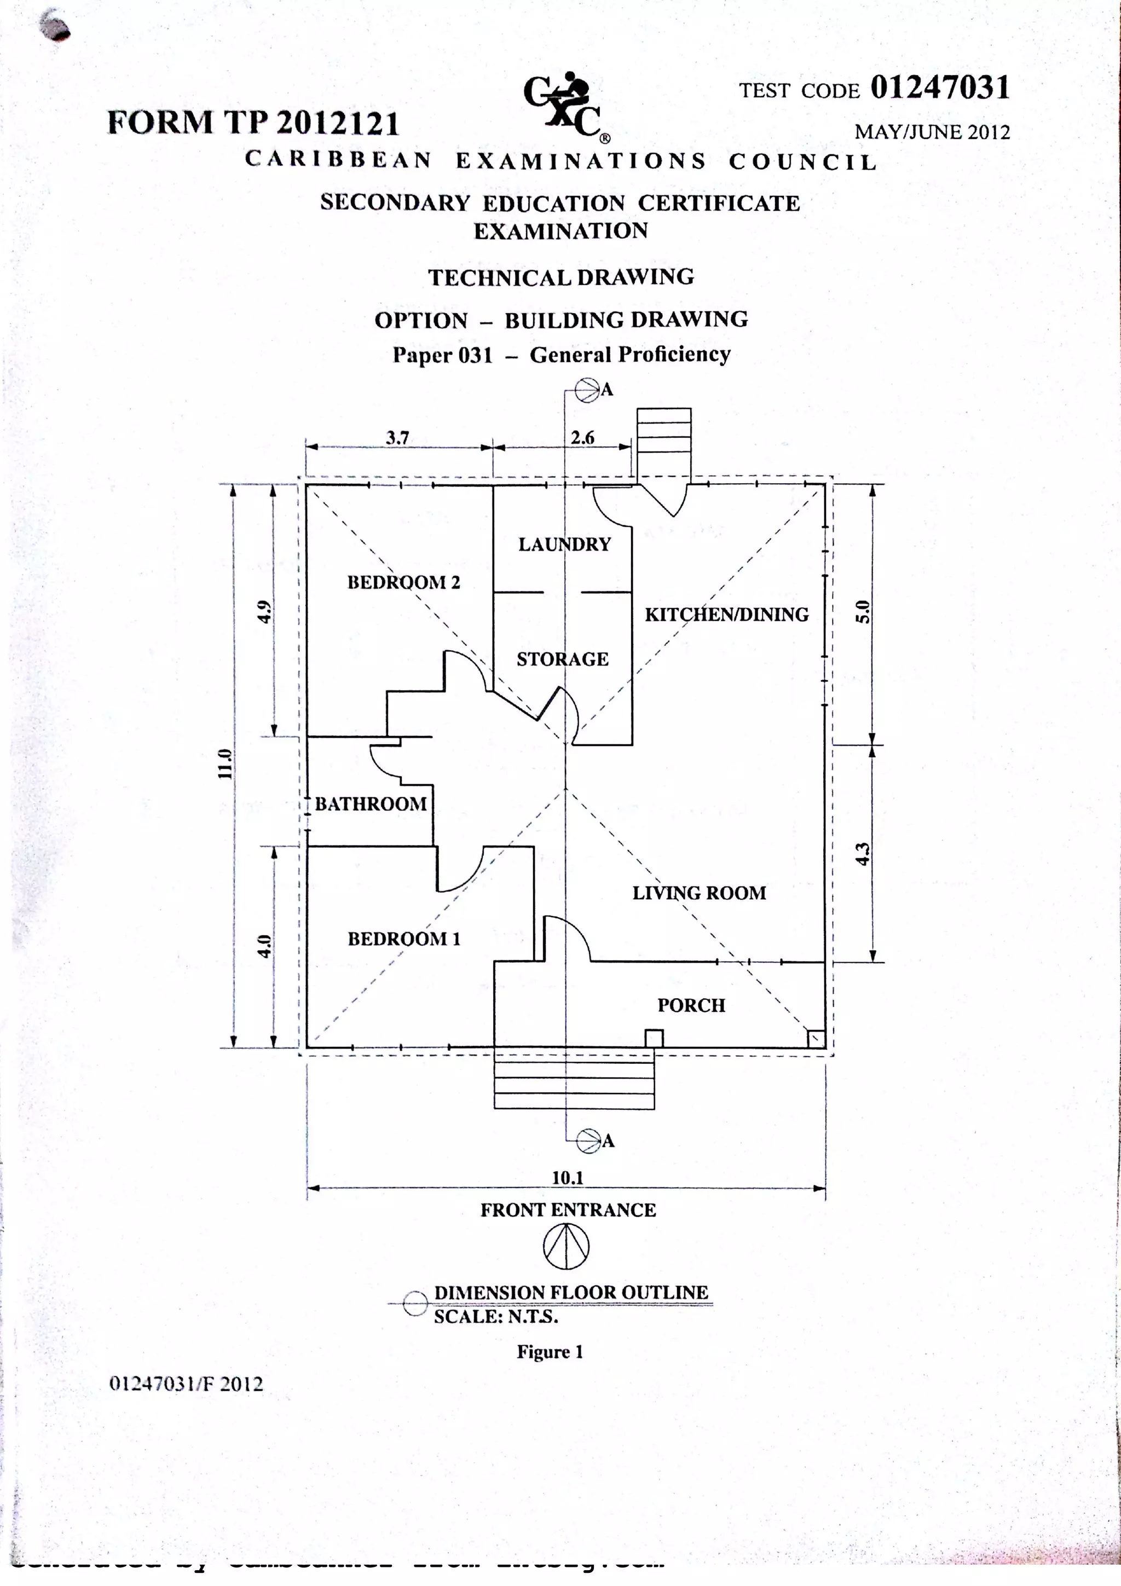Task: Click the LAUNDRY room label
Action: click(x=564, y=545)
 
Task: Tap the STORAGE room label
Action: click(x=562, y=659)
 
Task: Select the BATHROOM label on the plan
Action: click(x=371, y=803)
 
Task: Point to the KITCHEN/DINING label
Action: click(x=726, y=614)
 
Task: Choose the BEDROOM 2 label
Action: click(x=403, y=582)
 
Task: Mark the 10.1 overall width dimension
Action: click(x=567, y=1178)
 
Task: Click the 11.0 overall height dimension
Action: click(x=224, y=764)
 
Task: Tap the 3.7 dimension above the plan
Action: click(x=397, y=437)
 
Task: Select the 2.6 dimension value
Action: click(x=582, y=437)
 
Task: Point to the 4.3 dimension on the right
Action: click(x=862, y=854)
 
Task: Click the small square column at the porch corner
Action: click(x=816, y=1039)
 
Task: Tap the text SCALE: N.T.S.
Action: click(x=495, y=1317)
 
